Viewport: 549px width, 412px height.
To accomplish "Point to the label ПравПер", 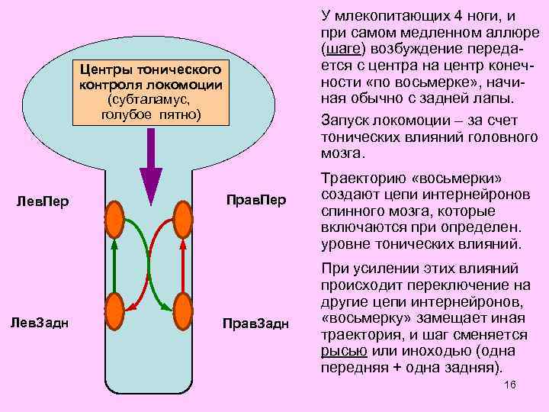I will tap(256, 200).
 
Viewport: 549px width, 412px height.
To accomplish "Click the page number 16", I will tap(510, 384).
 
